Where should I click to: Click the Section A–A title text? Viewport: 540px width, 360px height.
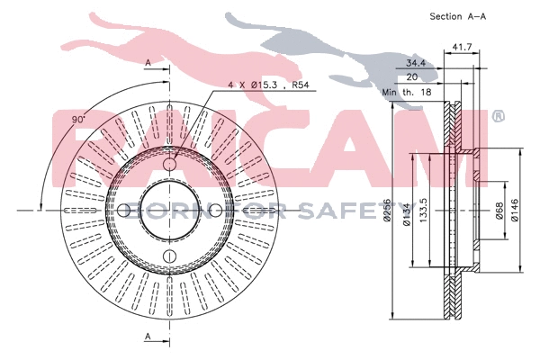(x=459, y=16)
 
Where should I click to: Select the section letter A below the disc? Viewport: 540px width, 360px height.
(x=148, y=336)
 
